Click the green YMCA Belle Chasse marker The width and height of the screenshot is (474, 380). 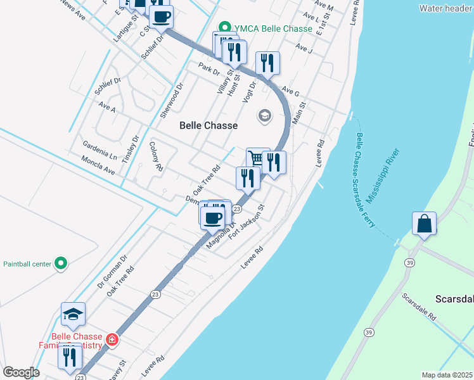click(x=224, y=28)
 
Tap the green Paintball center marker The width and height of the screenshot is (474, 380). click(x=60, y=263)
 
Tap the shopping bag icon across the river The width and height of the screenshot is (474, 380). click(x=424, y=224)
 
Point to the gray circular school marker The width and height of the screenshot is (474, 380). click(x=264, y=115)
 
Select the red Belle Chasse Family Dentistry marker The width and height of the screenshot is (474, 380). click(x=112, y=340)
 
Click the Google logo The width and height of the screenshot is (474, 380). click(x=21, y=372)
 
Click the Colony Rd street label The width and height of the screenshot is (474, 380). click(x=156, y=157)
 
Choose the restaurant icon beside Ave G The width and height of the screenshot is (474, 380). click(x=267, y=63)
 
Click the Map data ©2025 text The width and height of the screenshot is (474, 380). click(x=447, y=375)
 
